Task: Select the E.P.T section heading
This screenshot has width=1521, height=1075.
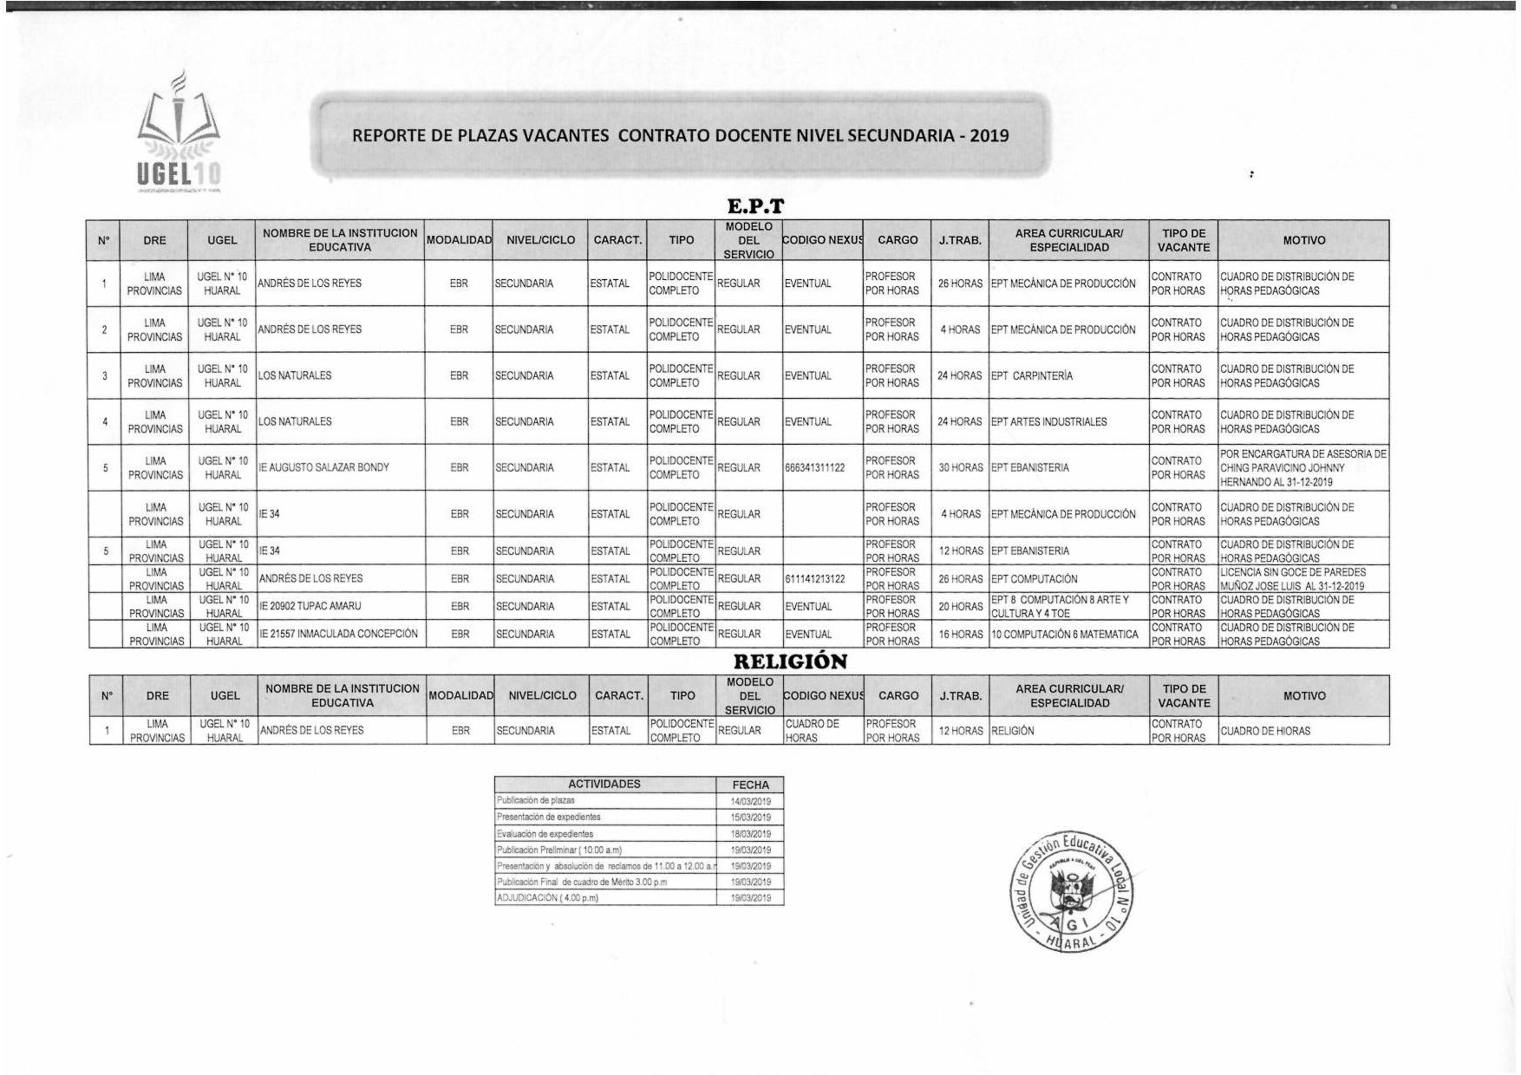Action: coord(755,206)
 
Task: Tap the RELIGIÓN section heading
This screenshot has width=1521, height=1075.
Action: coord(790,661)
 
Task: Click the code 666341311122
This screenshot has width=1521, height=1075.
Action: coord(814,468)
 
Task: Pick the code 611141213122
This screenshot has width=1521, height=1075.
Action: coord(814,579)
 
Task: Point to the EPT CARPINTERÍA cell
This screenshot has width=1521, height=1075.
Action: coord(1032,376)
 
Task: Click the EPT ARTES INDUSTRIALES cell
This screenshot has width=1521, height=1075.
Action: coord(1049,422)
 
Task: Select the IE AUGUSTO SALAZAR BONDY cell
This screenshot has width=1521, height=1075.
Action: coord(323,468)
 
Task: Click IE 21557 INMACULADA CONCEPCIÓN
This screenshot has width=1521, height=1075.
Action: coord(338,635)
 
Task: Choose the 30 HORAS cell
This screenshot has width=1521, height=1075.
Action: coord(960,468)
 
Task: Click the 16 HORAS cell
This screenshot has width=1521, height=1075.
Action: coord(960,635)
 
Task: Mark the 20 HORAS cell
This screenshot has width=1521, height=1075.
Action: coord(960,607)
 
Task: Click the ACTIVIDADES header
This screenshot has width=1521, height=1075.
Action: coord(604,785)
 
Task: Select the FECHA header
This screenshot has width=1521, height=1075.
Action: coord(750,785)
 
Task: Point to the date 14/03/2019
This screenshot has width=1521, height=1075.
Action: coord(750,801)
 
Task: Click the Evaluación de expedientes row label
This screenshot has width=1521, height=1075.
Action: coord(545,834)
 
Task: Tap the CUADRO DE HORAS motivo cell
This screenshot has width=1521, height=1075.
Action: coord(1265,732)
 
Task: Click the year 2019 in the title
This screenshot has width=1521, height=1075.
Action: coord(989,136)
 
